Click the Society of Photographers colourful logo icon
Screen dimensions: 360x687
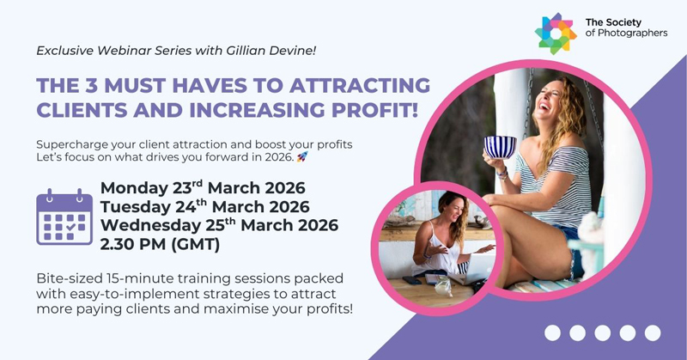pyautogui.click(x=556, y=33)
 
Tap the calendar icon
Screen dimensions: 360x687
pyautogui.click(x=64, y=218)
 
